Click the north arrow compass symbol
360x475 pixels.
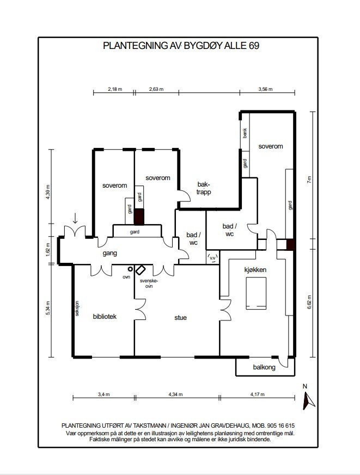coord(308,401)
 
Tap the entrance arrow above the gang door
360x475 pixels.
coord(75,218)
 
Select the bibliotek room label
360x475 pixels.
coord(105,317)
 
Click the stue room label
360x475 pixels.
coord(180,318)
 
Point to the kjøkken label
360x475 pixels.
coord(255,270)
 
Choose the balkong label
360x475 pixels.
coord(264,367)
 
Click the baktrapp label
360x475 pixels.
coord(204,188)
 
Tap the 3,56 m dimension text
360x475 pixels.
coord(265,89)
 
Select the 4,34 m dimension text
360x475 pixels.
coord(175,394)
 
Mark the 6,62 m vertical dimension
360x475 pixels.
coord(309,302)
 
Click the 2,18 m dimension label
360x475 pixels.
coord(115,89)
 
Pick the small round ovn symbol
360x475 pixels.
coord(130,269)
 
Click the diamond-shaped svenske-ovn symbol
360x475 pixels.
coord(140,270)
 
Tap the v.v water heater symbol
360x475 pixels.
coord(213,258)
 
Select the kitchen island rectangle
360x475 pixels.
coord(256,293)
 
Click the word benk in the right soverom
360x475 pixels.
coord(245,133)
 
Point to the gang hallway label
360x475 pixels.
coord(110,253)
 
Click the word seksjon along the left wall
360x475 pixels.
coord(77,309)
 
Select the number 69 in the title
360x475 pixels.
coord(254,46)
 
